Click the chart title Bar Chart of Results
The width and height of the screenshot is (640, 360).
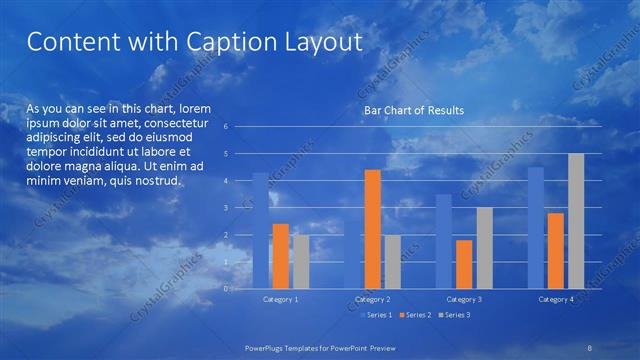tap(413, 110)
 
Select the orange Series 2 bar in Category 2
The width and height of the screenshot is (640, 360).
tap(372, 229)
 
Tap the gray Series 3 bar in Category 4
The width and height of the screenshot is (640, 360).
tap(576, 221)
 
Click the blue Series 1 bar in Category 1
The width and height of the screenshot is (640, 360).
tap(260, 230)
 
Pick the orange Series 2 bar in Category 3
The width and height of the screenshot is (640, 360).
tap(463, 264)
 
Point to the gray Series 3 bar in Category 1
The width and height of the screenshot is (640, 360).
tap(301, 261)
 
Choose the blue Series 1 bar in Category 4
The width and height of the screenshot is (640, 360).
tap(536, 228)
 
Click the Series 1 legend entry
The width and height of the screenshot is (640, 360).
tap(375, 315)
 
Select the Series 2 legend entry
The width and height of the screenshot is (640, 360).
tap(414, 315)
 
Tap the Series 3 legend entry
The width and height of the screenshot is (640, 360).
tap(453, 315)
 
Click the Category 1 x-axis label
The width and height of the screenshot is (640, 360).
tap(281, 299)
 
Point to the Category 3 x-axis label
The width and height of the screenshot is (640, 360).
tap(464, 299)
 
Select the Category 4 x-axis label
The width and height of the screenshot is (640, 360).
tap(556, 299)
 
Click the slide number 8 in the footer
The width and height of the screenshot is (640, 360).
tap(590, 345)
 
